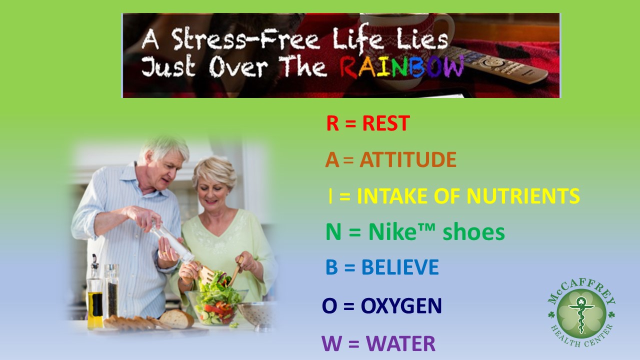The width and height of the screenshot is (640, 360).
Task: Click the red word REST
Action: coord(385,123)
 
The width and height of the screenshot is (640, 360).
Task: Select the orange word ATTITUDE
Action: coord(407,160)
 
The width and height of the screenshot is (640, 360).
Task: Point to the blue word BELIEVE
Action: coord(399,267)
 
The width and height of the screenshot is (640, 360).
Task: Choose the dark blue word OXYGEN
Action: coord(401,306)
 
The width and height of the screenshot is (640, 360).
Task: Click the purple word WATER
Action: coord(400,343)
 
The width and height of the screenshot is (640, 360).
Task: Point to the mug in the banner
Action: coord(430,30)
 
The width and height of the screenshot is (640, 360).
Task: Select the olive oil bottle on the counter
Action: coord(94,300)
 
